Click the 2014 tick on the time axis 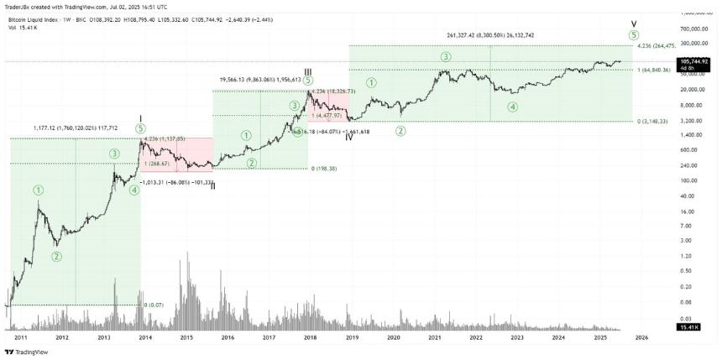(144, 337)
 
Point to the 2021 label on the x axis (435, 337)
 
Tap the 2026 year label (641, 337)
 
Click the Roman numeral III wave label (308, 71)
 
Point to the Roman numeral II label (213, 185)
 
